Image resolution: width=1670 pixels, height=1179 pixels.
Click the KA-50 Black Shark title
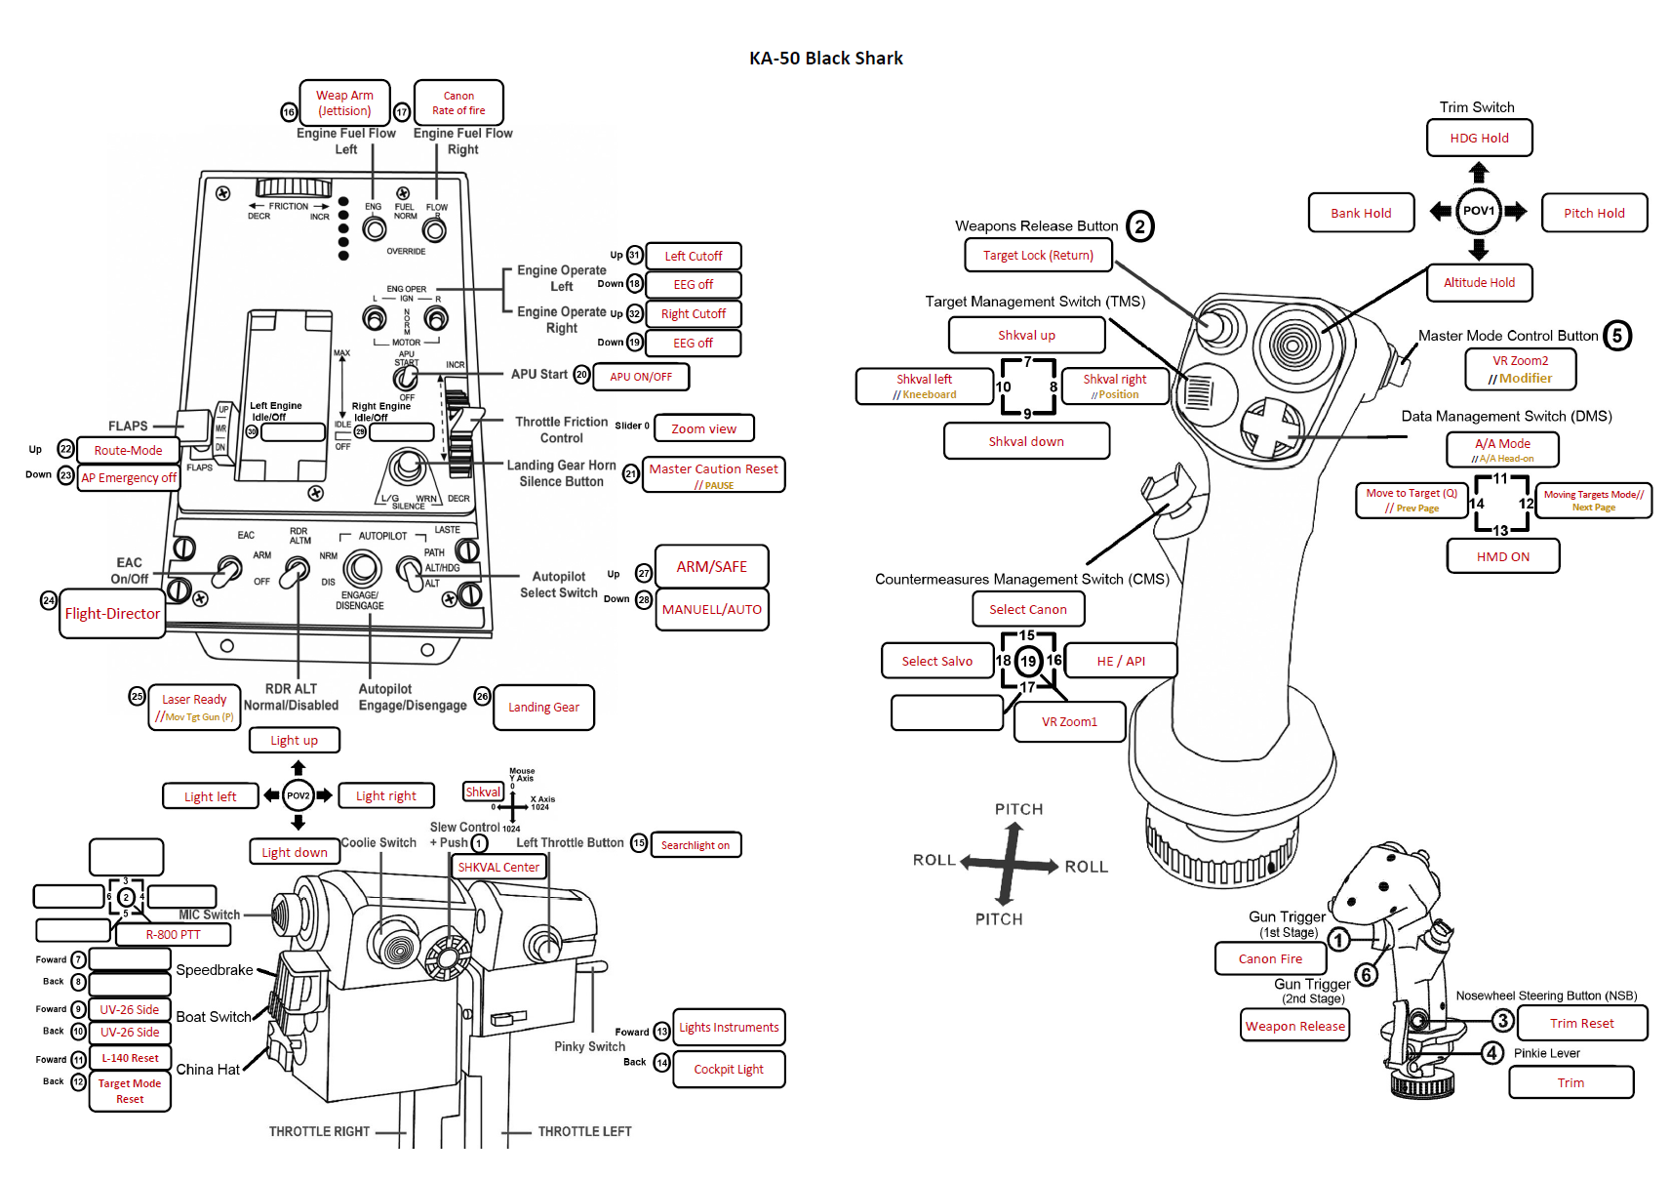pos(825,59)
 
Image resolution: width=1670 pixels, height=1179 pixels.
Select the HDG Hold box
pos(1479,138)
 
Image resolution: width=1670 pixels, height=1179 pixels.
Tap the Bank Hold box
pos(1361,213)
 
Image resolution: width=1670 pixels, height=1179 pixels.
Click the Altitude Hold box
pos(1479,283)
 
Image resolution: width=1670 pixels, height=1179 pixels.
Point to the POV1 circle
pos(1478,211)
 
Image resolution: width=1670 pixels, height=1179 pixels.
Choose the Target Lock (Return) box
pos(1038,256)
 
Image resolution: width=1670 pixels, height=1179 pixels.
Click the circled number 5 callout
pos(1616,336)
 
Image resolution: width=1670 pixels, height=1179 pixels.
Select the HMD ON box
pos(1502,556)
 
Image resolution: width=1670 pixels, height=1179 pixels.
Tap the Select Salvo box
pos(936,661)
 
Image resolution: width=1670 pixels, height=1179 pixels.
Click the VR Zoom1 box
pos(1069,722)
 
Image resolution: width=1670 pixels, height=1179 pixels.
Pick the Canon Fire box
pos(1270,958)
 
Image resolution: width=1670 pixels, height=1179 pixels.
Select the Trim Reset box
pos(1581,1023)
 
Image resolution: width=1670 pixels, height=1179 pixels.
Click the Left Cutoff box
pos(693,256)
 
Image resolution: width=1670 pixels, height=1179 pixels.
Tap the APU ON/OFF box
pos(641,377)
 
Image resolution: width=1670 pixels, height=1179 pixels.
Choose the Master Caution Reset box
pos(714,474)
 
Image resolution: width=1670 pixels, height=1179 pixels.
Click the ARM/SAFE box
pos(711,566)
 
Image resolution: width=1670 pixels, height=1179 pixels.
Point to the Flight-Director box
pos(112,613)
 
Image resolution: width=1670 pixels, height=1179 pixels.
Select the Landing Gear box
pos(543,708)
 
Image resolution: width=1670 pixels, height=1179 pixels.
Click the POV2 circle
pos(298,795)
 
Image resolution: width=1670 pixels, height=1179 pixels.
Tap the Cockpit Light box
pos(729,1070)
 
